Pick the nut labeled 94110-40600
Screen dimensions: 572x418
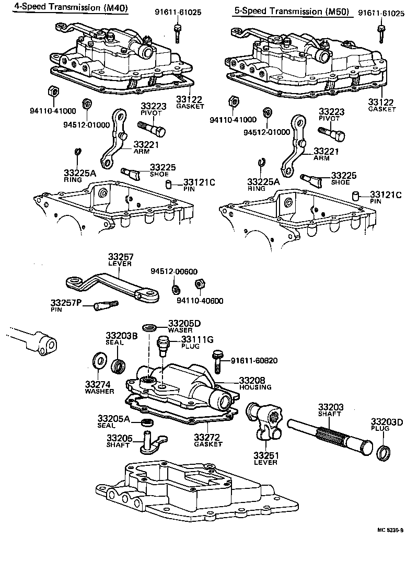pyautogui.click(x=199, y=284)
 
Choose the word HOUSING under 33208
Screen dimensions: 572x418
pyautogui.click(x=255, y=387)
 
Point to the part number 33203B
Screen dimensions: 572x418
pyautogui.click(x=121, y=335)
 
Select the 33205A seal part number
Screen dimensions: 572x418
pyautogui.click(x=113, y=418)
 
